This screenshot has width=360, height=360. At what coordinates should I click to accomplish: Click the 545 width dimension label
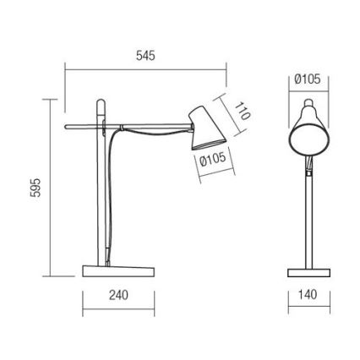146,56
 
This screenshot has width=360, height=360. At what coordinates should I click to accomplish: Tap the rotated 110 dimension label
243,112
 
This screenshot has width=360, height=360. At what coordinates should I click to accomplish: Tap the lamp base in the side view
118,271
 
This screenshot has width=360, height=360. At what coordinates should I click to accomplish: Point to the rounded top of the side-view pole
101,102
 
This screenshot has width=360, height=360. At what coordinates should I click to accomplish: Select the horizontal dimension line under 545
146,71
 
